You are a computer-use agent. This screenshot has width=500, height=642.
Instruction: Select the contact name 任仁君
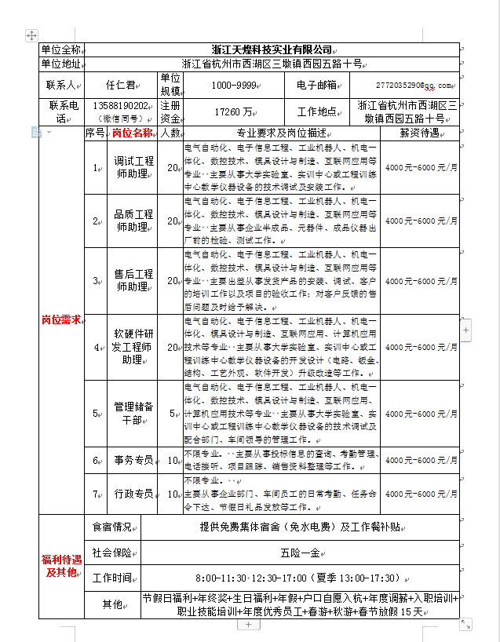pyautogui.click(x=120, y=85)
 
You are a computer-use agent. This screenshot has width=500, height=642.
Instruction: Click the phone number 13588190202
pyautogui.click(x=121, y=105)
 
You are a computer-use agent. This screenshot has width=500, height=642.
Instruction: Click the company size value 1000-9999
pyautogui.click(x=234, y=85)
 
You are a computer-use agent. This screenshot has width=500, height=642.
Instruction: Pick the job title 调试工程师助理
pyautogui.click(x=133, y=167)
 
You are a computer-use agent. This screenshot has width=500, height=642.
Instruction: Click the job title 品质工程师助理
pyautogui.click(x=133, y=221)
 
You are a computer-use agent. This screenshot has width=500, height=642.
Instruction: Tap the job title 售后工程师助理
pyautogui.click(x=133, y=281)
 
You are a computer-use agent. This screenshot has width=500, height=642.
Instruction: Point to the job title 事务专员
pyautogui.click(x=133, y=461)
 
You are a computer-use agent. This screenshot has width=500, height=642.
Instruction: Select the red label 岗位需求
pyautogui.click(x=60, y=320)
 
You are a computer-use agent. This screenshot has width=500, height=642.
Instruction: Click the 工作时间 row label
pyautogui.click(x=112, y=578)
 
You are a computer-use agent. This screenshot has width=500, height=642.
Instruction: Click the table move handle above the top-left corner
pyautogui.click(x=31, y=35)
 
